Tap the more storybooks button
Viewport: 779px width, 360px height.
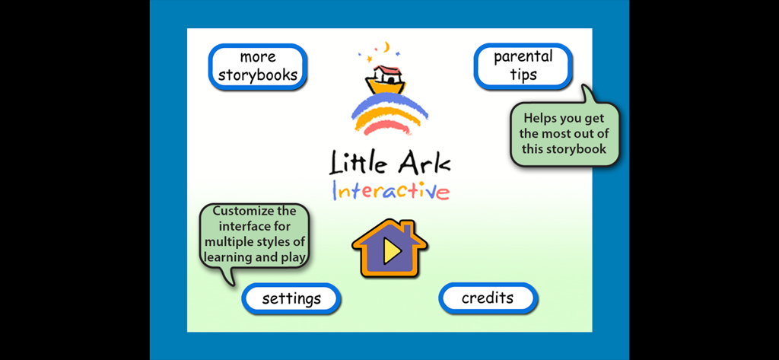[x=258, y=67]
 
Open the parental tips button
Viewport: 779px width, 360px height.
[x=523, y=65]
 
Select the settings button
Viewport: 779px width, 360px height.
[x=291, y=298]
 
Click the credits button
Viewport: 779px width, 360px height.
[x=488, y=298]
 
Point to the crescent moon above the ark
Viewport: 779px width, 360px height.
[x=386, y=48]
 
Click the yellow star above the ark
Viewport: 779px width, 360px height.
[x=372, y=58]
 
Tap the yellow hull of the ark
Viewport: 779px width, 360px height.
[x=386, y=86]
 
